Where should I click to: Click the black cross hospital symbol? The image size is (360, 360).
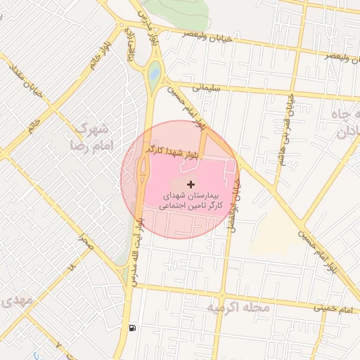(191, 184)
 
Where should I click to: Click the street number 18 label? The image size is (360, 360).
(71, 268)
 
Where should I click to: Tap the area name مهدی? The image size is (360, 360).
(15, 300)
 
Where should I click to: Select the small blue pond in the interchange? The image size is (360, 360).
(154, 71)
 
